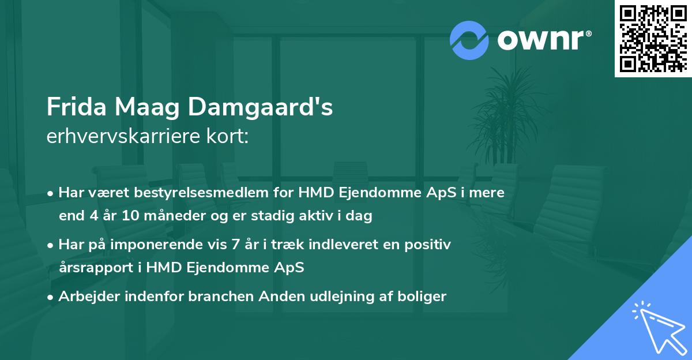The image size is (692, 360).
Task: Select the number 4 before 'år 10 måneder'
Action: (x=95, y=216)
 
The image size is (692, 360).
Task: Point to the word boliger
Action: (x=423, y=297)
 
